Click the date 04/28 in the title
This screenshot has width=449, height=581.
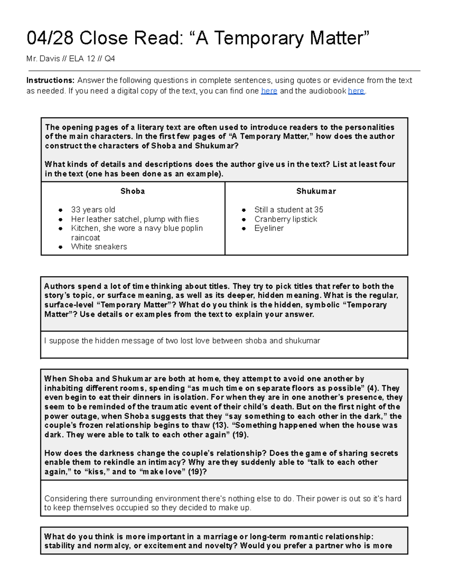pyautogui.click(x=50, y=38)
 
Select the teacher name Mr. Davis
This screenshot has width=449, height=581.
pyautogui.click(x=43, y=58)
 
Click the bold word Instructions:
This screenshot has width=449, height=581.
pyautogui.click(x=51, y=80)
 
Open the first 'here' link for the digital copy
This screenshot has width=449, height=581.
pyautogui.click(x=269, y=91)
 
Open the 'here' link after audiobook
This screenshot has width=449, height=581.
pyautogui.click(x=356, y=91)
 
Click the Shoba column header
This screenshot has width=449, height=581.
pyautogui.click(x=132, y=191)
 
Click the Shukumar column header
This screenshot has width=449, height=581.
pyautogui.click(x=316, y=191)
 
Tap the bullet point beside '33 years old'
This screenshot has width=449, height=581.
pyautogui.click(x=60, y=210)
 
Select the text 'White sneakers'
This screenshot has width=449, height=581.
pyautogui.click(x=99, y=247)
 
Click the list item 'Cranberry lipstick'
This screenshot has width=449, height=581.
pyautogui.click(x=285, y=219)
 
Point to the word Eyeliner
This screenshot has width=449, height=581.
pyautogui.click(x=269, y=228)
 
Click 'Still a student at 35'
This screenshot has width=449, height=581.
pyautogui.click(x=288, y=210)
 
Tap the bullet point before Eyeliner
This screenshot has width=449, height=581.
pyautogui.click(x=244, y=228)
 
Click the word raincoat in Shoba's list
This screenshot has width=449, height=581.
pyautogui.click(x=85, y=238)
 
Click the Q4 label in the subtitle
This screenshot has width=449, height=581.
pyautogui.click(x=110, y=58)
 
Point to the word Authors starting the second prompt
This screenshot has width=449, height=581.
pyautogui.click(x=59, y=286)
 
